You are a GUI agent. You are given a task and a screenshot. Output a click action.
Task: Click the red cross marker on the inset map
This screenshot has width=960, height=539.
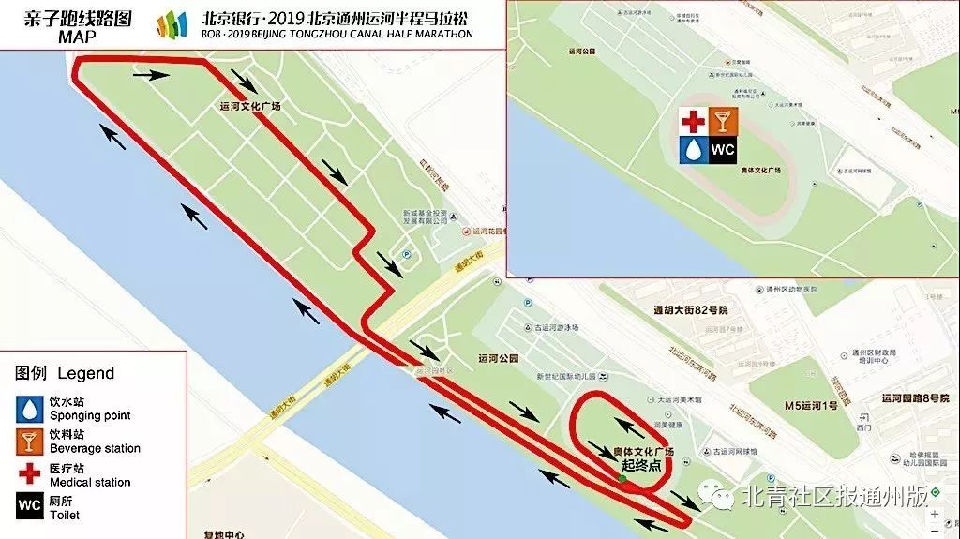click(x=694, y=121)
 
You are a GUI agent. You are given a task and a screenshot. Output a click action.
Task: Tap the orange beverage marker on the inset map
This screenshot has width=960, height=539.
click(x=723, y=121)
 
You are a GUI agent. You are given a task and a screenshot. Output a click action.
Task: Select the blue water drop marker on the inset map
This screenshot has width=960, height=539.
click(x=694, y=149)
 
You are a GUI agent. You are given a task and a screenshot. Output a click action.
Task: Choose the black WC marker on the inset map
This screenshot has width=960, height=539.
click(x=723, y=149)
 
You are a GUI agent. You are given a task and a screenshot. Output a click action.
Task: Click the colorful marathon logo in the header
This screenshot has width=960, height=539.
click(x=172, y=24)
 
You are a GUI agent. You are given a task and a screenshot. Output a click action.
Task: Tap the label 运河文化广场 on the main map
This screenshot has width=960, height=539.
click(x=250, y=107)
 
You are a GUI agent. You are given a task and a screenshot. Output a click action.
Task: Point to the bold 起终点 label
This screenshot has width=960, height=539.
click(x=642, y=464)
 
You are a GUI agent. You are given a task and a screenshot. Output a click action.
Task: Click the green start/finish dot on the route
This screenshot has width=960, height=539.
click(x=622, y=479)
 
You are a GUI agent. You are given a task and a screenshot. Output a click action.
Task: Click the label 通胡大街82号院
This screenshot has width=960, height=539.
click(x=690, y=309)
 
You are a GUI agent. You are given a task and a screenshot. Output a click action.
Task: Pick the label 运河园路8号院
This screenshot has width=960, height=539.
click(x=915, y=397)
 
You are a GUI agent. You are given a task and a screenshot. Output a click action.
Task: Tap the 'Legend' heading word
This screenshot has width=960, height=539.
click(x=86, y=373)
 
